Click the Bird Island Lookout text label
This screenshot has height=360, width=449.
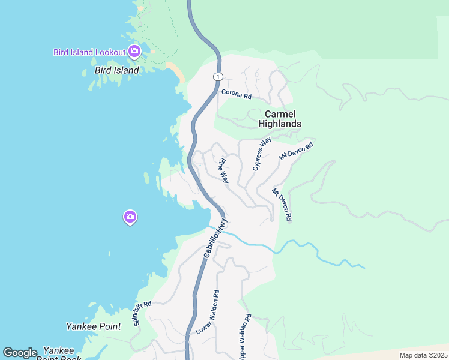pyautogui.click(x=89, y=52)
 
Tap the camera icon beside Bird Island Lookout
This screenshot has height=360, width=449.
pyautogui.click(x=134, y=51)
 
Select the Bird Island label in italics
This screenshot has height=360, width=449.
pyautogui.click(x=117, y=70)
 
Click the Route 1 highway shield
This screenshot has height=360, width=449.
pyautogui.click(x=217, y=76)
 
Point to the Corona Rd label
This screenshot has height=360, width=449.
pyautogui.click(x=236, y=94)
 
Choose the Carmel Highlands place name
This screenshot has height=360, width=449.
pyautogui.click(x=279, y=119)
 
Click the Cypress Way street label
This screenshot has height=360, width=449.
pyautogui.click(x=262, y=154)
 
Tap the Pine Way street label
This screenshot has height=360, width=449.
pyautogui.click(x=223, y=170)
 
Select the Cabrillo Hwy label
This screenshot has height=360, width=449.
pyautogui.click(x=216, y=239)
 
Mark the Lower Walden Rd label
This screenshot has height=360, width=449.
pyautogui.click(x=207, y=313)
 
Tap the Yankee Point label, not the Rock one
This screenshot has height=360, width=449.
pyautogui.click(x=93, y=327)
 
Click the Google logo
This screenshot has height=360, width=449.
pyautogui.click(x=20, y=353)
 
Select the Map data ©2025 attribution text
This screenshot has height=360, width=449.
pyautogui.click(x=423, y=355)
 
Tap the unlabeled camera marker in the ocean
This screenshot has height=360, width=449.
pyautogui.click(x=130, y=217)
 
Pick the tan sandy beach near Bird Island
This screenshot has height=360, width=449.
pyautogui.click(x=175, y=73)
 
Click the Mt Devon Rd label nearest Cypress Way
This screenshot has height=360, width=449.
pyautogui.click(x=297, y=150)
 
